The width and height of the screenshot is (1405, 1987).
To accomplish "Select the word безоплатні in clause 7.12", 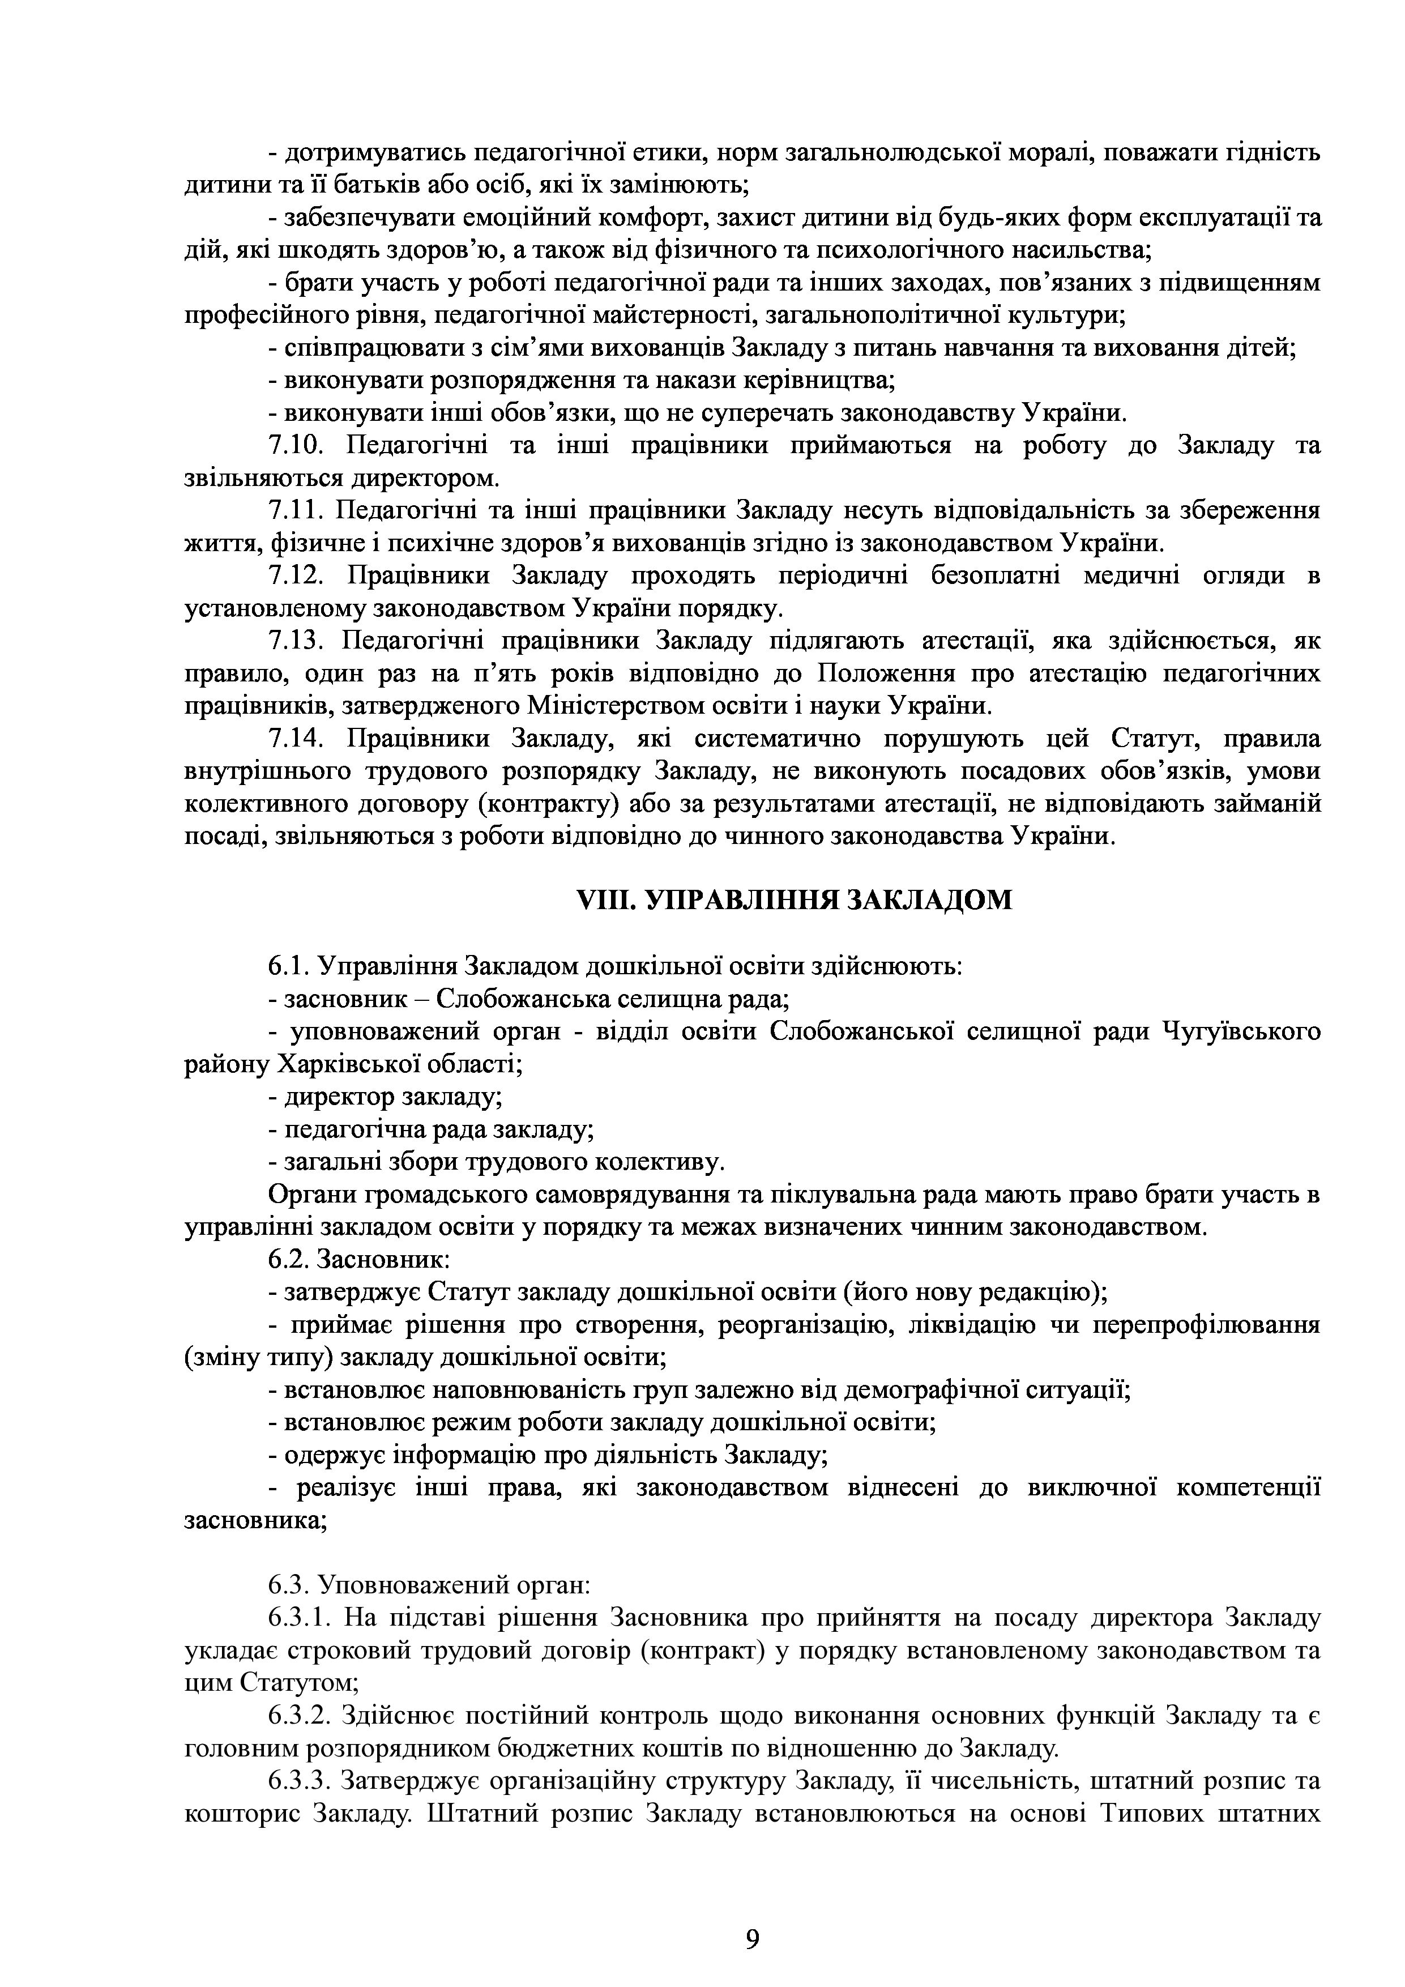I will pyautogui.click(x=993, y=575).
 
